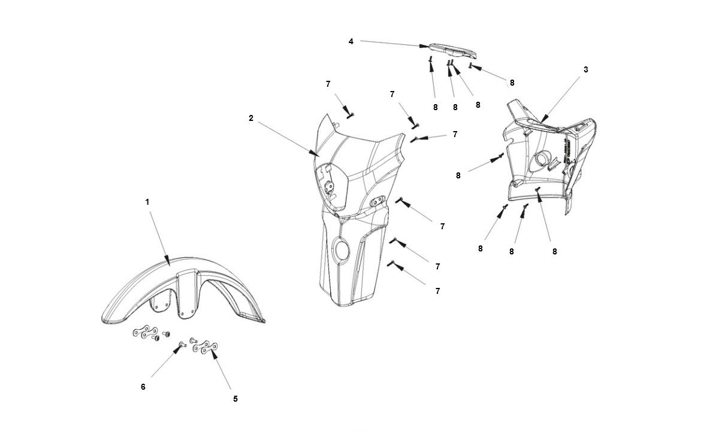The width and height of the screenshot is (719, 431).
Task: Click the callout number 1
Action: pos(147,202)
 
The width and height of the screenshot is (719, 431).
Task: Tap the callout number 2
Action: pos(251,119)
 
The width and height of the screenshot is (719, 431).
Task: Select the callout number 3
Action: pos(585,69)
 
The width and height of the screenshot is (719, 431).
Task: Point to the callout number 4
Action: pos(351,41)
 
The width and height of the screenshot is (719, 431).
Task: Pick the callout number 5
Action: pos(235,398)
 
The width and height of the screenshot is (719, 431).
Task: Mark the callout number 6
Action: pos(143,387)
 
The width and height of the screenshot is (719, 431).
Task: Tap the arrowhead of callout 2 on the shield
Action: pos(318,155)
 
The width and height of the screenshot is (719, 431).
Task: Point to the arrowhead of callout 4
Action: pos(427,45)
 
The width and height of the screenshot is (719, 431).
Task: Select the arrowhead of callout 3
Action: pos(542,122)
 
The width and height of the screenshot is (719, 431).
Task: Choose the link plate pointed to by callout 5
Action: pos(205,347)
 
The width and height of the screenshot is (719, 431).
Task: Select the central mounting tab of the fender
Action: pos(188,293)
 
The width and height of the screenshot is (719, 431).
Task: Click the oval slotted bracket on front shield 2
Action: pos(377,202)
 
